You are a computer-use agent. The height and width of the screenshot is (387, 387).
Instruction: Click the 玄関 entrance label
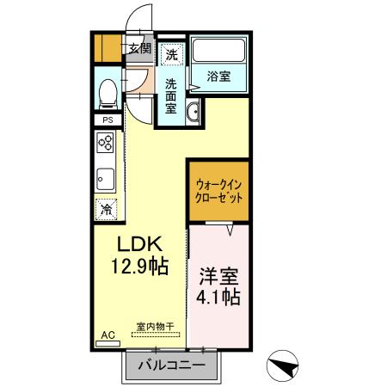tap(139, 49)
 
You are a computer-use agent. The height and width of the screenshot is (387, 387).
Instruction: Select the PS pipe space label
tap(107, 120)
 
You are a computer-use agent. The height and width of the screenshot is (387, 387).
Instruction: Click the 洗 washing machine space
tap(172, 55)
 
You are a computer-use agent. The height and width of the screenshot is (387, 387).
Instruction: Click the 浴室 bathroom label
tap(218, 77)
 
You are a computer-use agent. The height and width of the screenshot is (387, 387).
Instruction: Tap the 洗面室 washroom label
tap(171, 96)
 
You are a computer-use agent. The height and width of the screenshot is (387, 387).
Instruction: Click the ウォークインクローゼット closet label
tap(219, 189)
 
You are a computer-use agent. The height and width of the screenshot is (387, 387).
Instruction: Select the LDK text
tap(136, 243)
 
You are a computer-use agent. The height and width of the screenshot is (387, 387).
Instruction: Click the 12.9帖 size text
tap(136, 267)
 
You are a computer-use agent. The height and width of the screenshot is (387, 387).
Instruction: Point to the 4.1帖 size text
tap(219, 298)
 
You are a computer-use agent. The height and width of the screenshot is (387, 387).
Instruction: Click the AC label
tap(107, 335)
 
